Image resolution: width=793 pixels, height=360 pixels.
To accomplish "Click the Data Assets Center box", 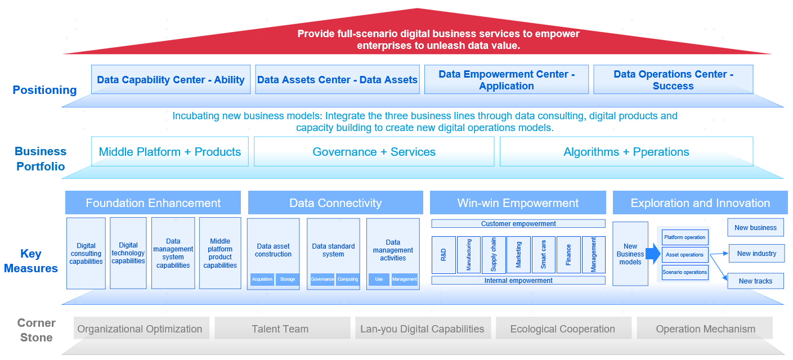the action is (337, 79).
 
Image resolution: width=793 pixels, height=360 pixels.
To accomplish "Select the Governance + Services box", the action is (374, 151).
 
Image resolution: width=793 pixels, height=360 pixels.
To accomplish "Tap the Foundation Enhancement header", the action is (153, 202).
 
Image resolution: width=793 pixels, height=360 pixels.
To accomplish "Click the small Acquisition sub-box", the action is (262, 280).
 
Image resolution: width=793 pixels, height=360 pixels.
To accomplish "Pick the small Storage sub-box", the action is (288, 280).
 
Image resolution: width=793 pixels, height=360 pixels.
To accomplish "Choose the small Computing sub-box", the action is (348, 280).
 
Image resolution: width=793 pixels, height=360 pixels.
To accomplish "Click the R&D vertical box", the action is (443, 255).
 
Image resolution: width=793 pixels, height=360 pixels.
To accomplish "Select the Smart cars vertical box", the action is (544, 255).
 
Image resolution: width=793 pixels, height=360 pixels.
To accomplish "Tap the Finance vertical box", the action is (568, 255).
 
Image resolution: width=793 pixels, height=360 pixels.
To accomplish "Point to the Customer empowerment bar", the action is (518, 224).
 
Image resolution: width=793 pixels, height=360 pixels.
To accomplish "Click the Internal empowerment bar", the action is (518, 280).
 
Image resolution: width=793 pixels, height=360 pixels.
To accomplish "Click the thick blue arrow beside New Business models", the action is (653, 254).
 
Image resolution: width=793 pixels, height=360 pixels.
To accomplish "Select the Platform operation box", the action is (685, 237).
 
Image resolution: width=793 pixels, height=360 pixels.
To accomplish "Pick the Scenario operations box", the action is (685, 272).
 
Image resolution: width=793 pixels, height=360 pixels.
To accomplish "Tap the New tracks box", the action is (755, 281).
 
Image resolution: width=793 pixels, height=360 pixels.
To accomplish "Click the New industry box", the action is (756, 254).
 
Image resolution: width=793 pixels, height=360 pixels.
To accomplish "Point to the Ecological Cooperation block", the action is (563, 328).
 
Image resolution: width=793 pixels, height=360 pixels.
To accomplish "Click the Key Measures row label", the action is (31, 261).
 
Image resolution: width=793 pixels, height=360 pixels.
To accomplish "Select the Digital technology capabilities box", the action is (128, 253).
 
